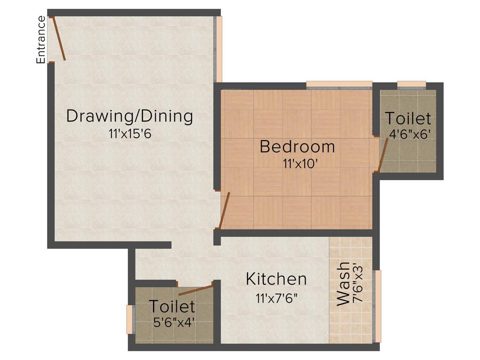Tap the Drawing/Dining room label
(x=129, y=116)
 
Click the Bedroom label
(x=297, y=147)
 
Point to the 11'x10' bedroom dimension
(x=297, y=164)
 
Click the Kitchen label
(x=276, y=279)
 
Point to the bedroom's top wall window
(x=339, y=85)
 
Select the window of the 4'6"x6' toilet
(x=412, y=85)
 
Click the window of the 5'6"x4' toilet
(x=130, y=320)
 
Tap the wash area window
(x=377, y=306)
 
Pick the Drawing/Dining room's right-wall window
(x=218, y=49)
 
